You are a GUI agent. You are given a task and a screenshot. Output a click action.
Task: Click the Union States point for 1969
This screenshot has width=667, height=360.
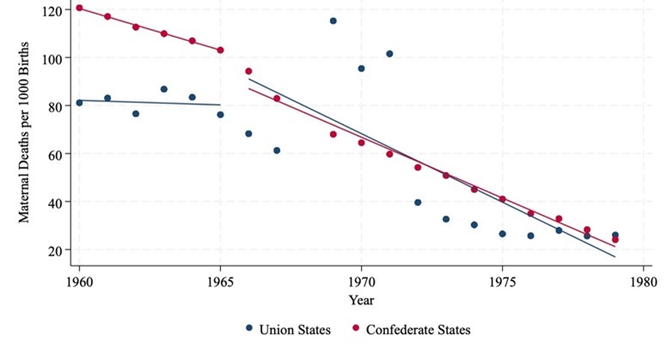click(333, 21)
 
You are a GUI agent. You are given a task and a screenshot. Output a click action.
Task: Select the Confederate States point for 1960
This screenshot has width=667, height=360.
click(79, 9)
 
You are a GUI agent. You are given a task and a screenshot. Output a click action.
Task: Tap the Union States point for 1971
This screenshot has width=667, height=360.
click(389, 54)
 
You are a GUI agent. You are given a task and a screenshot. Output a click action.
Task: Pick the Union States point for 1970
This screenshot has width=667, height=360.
click(361, 69)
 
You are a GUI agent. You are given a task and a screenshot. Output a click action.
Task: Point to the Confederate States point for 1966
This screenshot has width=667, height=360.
click(248, 71)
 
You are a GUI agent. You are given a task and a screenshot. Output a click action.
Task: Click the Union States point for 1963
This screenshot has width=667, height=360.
click(164, 89)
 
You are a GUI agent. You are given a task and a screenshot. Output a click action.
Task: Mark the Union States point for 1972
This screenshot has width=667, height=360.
click(418, 203)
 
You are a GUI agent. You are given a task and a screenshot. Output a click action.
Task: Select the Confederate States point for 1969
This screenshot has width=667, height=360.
click(333, 134)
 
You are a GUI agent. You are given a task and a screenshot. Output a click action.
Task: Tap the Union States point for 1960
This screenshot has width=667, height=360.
click(79, 103)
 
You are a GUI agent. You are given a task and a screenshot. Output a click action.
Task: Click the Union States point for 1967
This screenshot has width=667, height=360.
click(277, 150)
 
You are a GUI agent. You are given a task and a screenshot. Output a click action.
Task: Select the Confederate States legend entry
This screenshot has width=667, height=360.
click(412, 329)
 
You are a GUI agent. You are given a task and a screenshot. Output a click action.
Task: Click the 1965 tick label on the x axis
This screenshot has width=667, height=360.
click(220, 281)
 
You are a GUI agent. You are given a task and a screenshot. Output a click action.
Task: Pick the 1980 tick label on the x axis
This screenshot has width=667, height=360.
click(644, 281)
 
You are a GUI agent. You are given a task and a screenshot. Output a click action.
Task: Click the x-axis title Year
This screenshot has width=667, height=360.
click(361, 300)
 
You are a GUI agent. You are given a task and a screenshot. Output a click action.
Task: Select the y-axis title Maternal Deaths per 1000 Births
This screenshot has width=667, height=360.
click(25, 131)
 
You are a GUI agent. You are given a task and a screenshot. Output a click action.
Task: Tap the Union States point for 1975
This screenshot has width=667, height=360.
click(503, 234)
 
